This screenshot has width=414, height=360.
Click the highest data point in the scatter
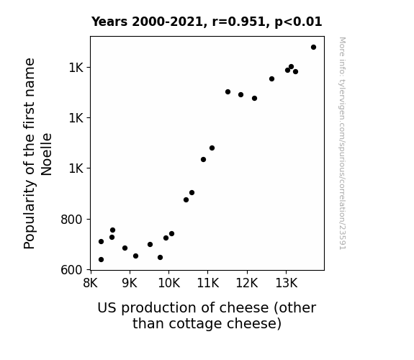tap(313, 48)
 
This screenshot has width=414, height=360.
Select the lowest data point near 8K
tap(101, 260)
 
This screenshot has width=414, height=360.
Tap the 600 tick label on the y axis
tap(72, 270)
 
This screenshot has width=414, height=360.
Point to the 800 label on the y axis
tap(72, 219)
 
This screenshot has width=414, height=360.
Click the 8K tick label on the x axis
tap(90, 283)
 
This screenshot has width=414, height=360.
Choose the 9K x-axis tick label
tap(130, 283)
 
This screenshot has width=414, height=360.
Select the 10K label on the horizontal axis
tap(169, 283)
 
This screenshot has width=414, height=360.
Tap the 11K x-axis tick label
tap(208, 283)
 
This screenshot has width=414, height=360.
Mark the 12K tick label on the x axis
tap(247, 283)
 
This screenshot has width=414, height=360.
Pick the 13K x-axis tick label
tap(287, 283)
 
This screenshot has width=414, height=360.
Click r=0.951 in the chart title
tap(238, 22)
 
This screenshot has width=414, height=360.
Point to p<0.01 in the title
tap(298, 22)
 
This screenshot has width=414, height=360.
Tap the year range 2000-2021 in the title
tap(167, 22)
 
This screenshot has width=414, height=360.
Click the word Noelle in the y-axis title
tap(46, 154)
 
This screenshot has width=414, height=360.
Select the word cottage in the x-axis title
tap(195, 324)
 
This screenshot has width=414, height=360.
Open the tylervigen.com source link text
tap(342, 143)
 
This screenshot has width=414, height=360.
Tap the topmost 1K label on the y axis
tap(76, 68)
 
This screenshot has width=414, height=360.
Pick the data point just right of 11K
tap(212, 148)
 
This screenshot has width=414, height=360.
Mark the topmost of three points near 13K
tap(291, 66)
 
